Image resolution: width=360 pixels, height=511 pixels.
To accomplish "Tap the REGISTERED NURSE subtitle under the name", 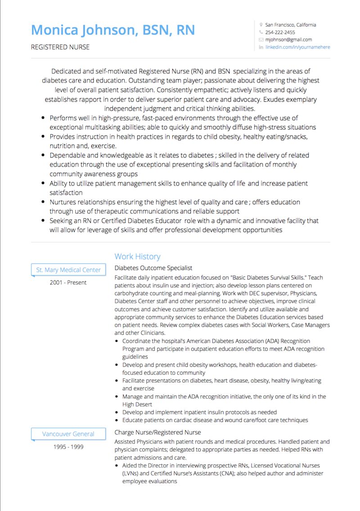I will pyautogui.click(x=60, y=47).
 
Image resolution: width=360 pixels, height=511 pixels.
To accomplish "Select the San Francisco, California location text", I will pyautogui.click(x=291, y=25).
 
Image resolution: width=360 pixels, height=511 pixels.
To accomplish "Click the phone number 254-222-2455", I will pyautogui.click(x=280, y=32).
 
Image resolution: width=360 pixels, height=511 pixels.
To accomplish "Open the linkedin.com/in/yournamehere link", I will pyautogui.click(x=297, y=47).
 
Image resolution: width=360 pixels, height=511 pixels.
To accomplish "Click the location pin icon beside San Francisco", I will pyautogui.click(x=261, y=25).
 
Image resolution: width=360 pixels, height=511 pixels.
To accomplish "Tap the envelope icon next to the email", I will pyautogui.click(x=261, y=40).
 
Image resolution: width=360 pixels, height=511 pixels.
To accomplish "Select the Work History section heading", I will pyautogui.click(x=137, y=257).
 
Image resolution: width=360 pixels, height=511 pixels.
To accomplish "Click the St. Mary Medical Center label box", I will pyautogui.click(x=68, y=270).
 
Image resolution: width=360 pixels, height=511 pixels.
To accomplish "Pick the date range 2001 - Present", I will pyautogui.click(x=68, y=283).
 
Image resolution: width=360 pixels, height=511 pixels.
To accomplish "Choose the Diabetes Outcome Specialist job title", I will pyautogui.click(x=153, y=268).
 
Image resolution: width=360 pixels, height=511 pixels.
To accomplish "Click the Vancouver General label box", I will pyautogui.click(x=68, y=434).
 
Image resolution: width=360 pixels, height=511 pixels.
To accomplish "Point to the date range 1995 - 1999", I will pyautogui.click(x=68, y=447).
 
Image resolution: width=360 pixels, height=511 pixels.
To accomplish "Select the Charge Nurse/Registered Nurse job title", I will pyautogui.click(x=157, y=433).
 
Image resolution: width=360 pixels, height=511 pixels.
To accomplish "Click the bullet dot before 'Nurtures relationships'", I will pyautogui.click(x=42, y=202).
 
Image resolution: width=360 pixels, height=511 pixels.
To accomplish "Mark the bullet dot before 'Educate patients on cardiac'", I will pyautogui.click(x=117, y=420).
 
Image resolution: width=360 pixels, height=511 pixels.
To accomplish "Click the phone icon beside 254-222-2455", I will pyautogui.click(x=261, y=32).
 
